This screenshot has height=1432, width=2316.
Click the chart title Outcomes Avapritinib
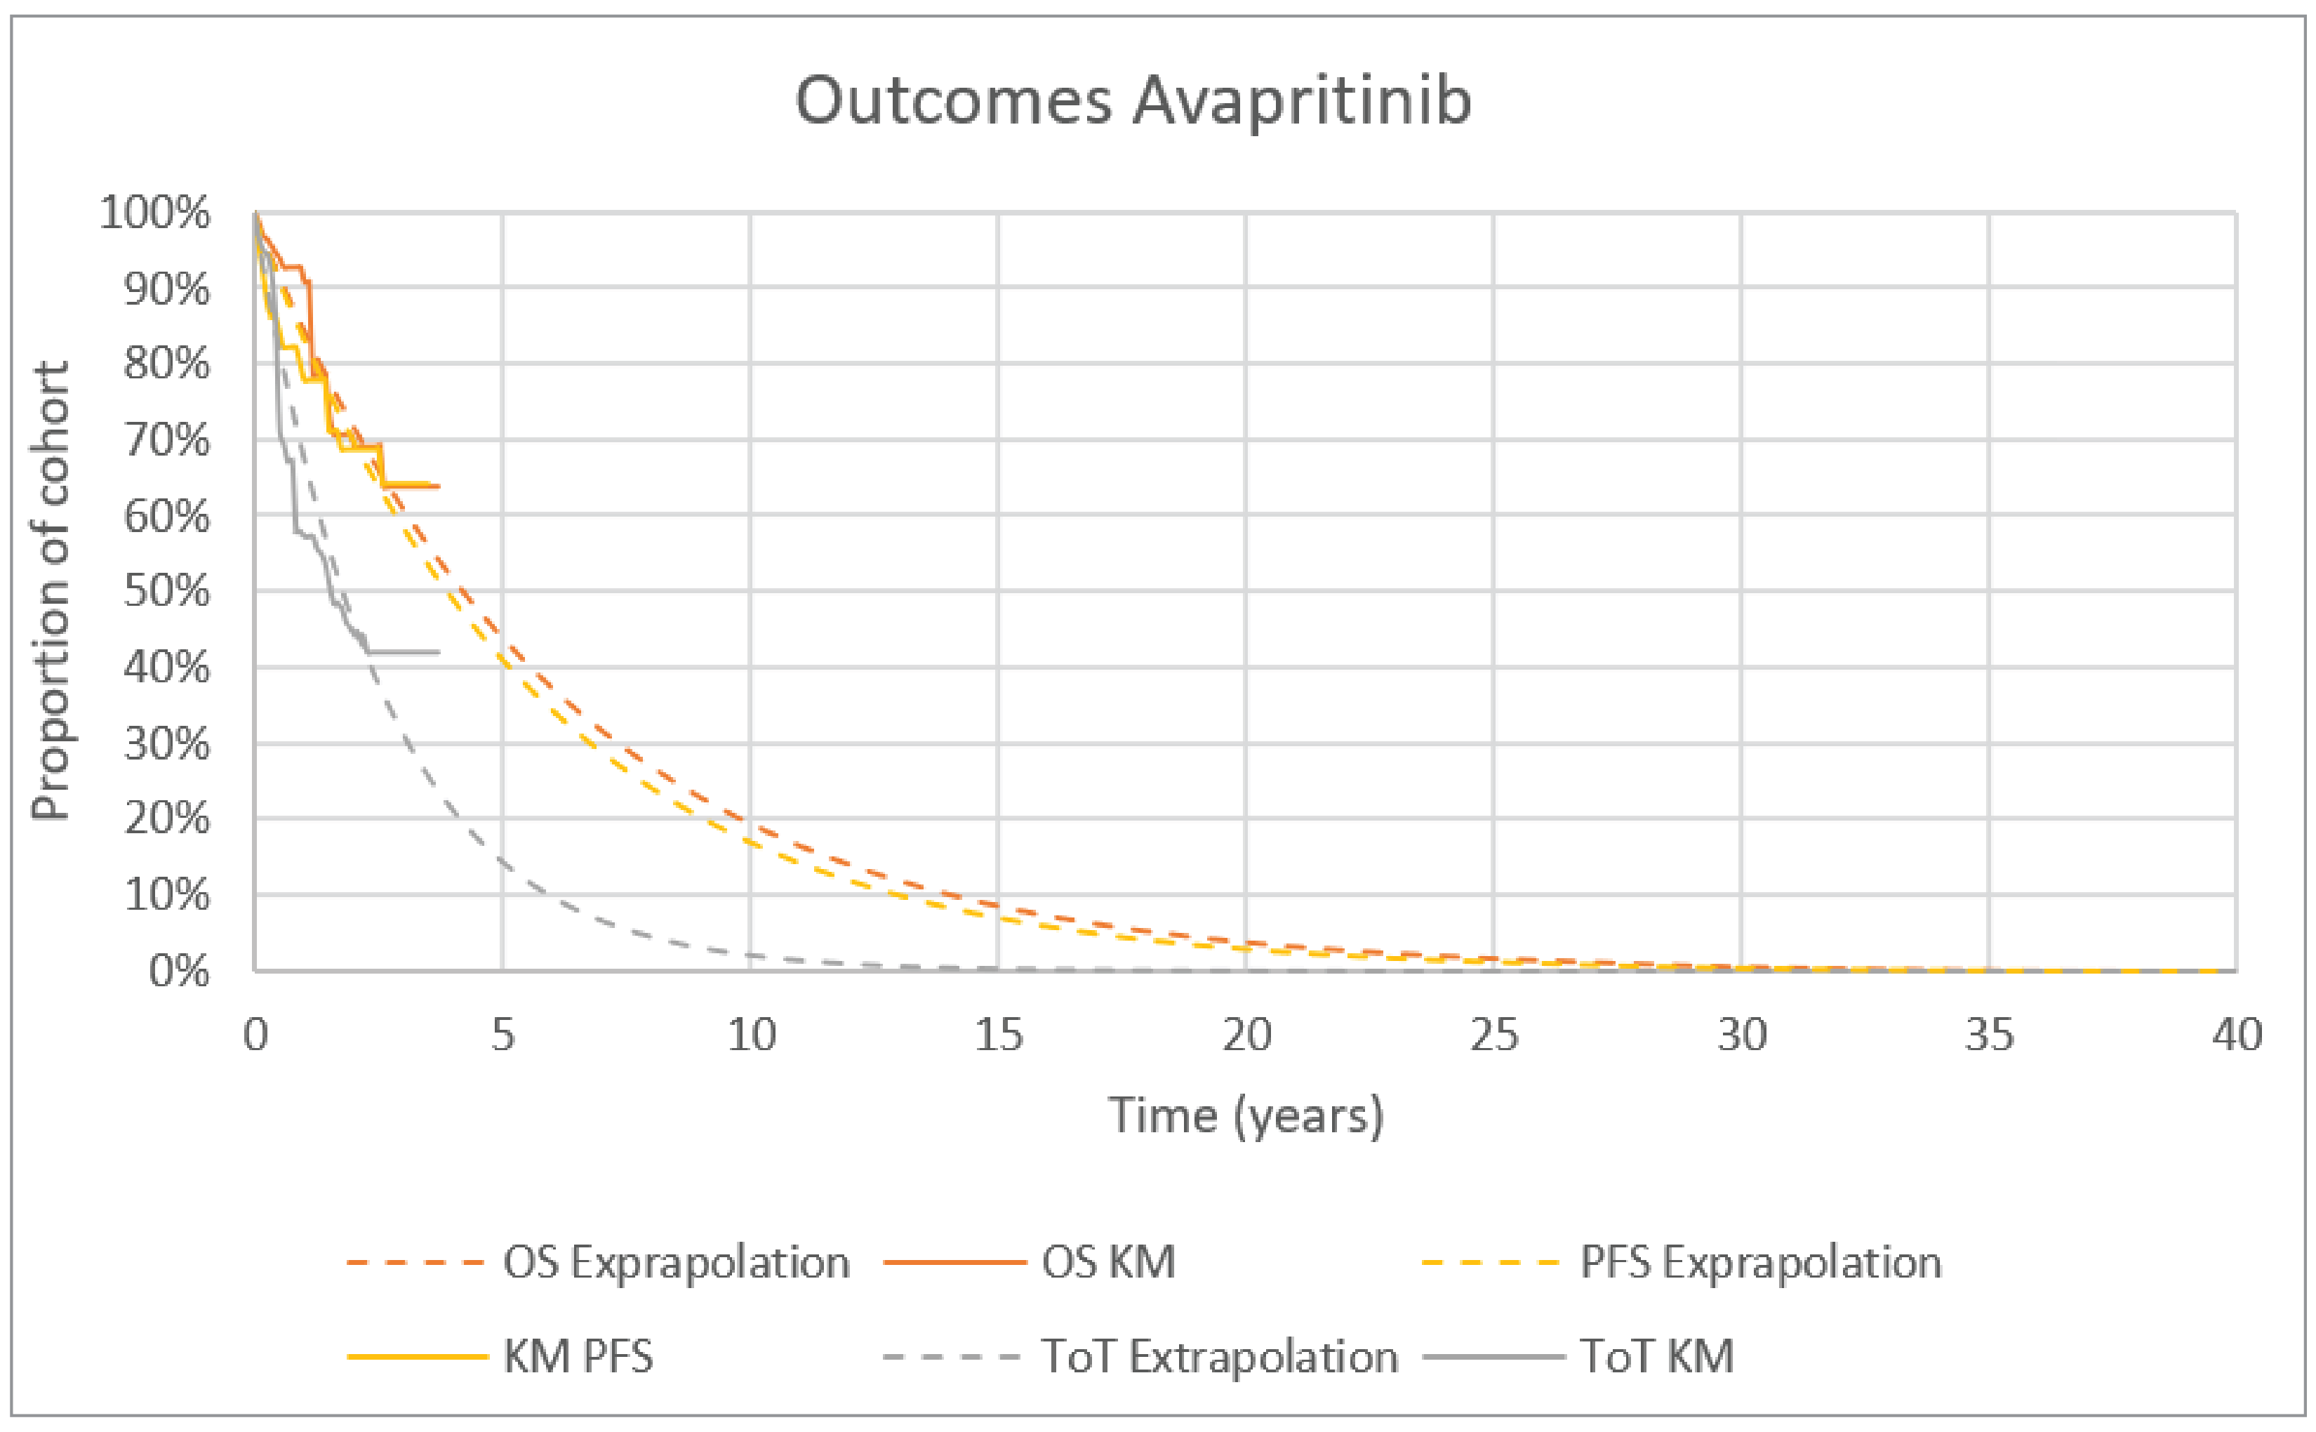click(x=1133, y=100)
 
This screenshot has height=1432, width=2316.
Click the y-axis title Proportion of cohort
click(x=51, y=590)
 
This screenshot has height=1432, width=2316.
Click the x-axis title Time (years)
click(x=1245, y=1115)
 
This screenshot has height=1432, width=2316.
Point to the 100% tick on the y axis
click(x=155, y=213)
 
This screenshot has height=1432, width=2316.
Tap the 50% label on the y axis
click(x=166, y=592)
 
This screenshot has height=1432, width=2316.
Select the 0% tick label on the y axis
click(x=179, y=972)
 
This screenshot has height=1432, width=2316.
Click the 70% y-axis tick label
click(x=166, y=440)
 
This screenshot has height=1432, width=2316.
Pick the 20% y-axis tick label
click(x=166, y=819)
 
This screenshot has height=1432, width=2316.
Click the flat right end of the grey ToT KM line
click(x=437, y=651)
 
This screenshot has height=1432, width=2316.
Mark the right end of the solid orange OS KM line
click(x=437, y=486)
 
